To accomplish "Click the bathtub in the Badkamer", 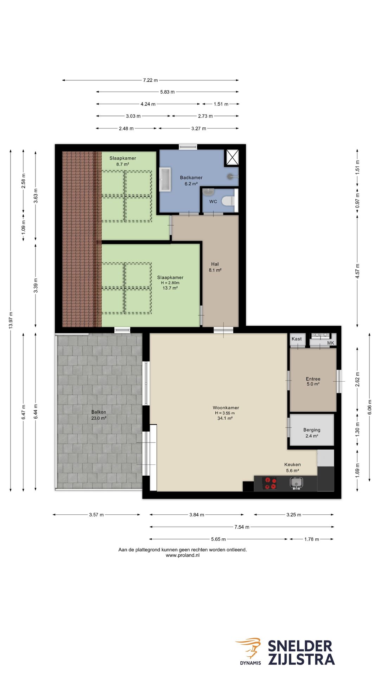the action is pos(165,179).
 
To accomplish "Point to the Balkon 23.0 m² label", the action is pos(99,415).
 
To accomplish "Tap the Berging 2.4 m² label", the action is pos(312,433).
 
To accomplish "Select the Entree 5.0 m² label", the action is pos(313,381).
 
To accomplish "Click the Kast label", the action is pos(297,339).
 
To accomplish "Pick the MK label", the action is pos(331,343).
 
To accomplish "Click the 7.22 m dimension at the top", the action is pos(151,80).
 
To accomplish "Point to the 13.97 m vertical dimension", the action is pos(11,320).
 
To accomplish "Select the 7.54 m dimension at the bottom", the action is pos(242,527).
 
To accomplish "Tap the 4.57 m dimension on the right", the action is pos(357,271).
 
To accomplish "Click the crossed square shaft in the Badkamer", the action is pos(232,157).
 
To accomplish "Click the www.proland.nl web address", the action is pos(183,555).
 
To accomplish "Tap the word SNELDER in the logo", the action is pos(300,646).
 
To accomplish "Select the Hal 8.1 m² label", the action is pos(215,267).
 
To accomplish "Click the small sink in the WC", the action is pos(208,192).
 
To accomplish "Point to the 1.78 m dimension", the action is pos(311,539).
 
